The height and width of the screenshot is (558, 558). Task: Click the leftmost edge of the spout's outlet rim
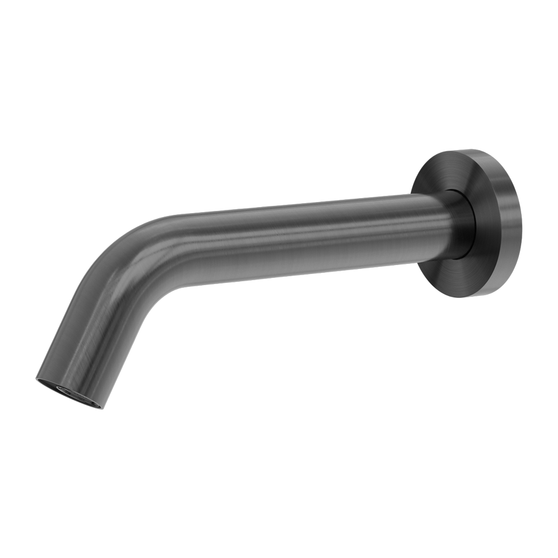pos(40,379)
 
